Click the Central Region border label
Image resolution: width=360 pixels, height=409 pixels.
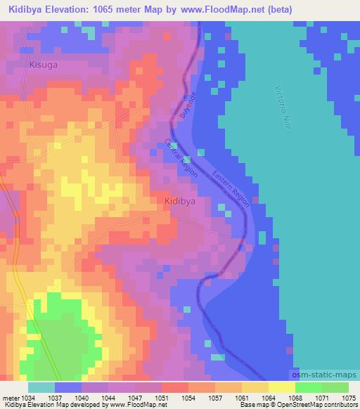click(181, 157)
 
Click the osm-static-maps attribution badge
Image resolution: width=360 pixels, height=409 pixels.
click(324, 376)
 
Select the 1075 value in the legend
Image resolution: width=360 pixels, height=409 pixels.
click(348, 397)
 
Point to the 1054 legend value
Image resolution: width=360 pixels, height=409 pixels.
click(188, 397)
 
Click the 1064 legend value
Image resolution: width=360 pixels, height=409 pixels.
click(269, 397)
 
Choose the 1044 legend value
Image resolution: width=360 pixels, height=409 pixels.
click(108, 397)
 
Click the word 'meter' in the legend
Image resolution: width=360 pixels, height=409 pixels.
click(10, 397)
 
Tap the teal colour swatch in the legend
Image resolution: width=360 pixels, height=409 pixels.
click(41, 387)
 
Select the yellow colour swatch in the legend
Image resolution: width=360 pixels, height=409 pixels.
click(281, 387)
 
